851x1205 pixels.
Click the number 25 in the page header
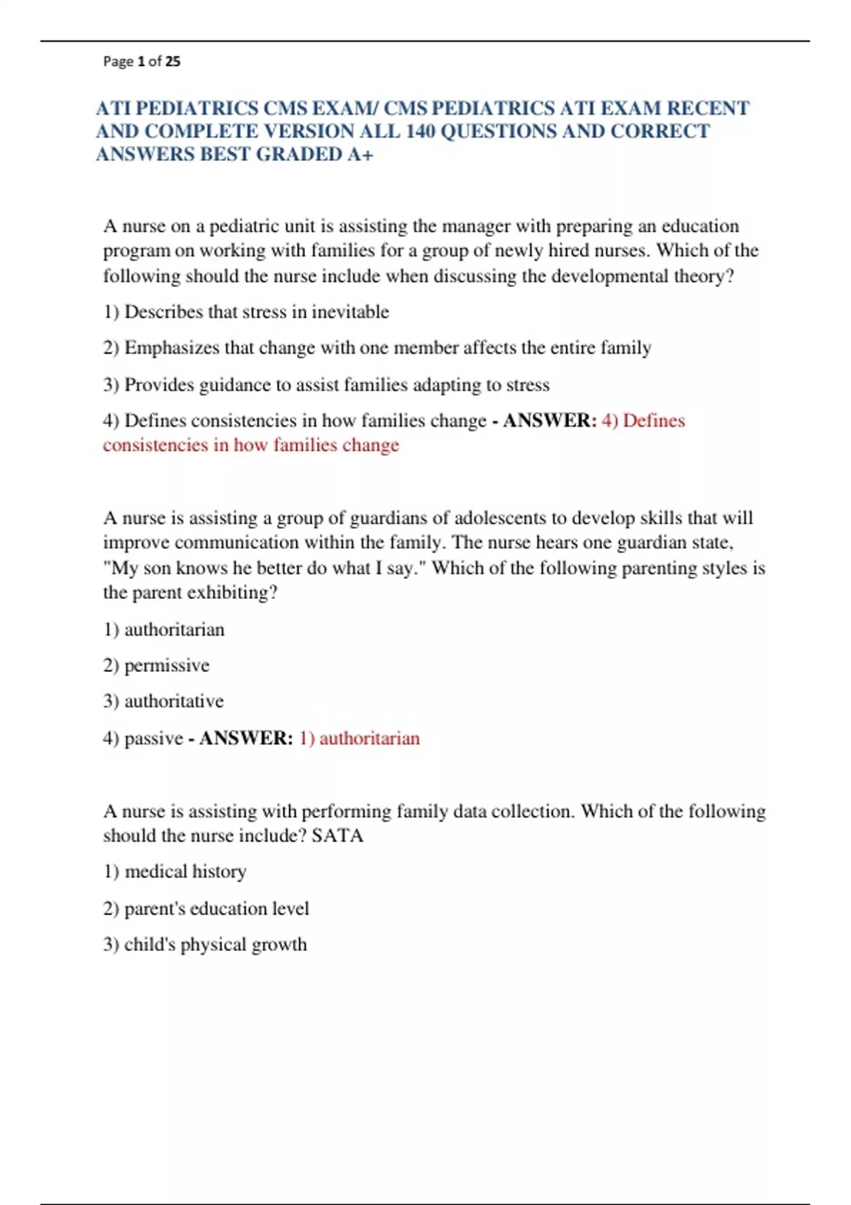click(172, 62)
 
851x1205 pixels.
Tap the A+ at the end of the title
click(360, 154)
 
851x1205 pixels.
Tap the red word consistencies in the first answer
click(155, 445)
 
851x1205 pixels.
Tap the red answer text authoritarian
click(369, 739)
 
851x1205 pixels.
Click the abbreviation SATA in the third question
click(337, 836)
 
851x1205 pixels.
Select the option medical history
click(185, 872)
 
